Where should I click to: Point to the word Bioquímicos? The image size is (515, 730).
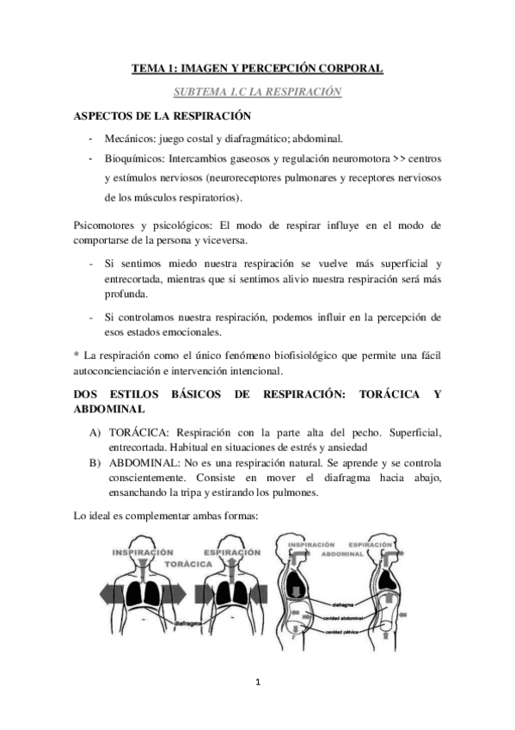[x=134, y=158]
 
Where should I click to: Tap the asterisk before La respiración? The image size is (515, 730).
[x=77, y=354]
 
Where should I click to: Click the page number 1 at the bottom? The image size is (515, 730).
[x=258, y=684]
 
